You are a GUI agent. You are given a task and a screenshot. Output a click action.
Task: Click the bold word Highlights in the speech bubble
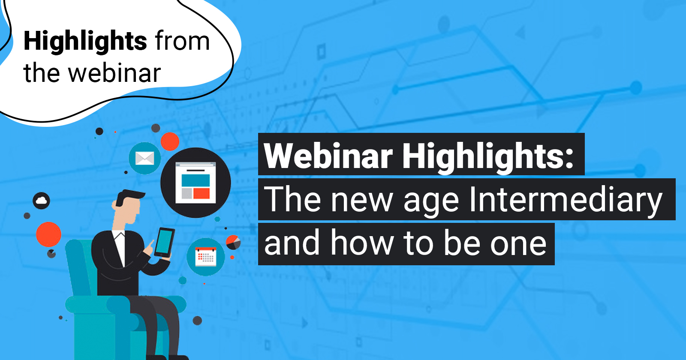pos(85,42)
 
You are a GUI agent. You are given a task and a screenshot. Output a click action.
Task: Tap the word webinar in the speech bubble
pos(114,73)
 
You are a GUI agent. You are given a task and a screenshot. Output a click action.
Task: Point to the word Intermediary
pos(566,200)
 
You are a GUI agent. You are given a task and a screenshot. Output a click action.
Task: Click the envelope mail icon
pos(144,158)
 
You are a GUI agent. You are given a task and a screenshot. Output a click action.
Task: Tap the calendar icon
pos(206,257)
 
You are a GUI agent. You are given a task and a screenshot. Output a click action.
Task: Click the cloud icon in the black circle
pos(41,201)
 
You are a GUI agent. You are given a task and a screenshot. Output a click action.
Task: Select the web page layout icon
pos(196,183)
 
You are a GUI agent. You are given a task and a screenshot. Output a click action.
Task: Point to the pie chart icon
pos(233,242)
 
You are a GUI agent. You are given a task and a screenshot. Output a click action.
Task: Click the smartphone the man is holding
pos(165,243)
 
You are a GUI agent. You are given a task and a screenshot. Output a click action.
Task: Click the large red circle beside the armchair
pos(49,234)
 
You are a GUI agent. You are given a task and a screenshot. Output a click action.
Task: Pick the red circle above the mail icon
pos(170,141)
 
